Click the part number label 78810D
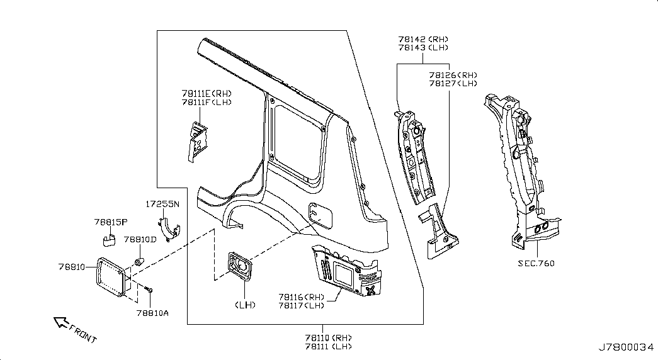(140, 240)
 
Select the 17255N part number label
(162, 205)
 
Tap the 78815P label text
(111, 222)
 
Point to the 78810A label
(152, 313)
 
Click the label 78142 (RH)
(423, 40)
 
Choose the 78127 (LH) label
(453, 84)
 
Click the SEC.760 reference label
(536, 264)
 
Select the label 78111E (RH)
(207, 94)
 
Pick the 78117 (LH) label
(302, 305)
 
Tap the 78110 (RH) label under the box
(328, 338)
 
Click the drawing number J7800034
(626, 347)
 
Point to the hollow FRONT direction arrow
(61, 322)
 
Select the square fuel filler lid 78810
(111, 278)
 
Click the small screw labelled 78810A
(148, 289)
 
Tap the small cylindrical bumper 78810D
(139, 261)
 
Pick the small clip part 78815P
(109, 240)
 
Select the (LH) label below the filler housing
(245, 305)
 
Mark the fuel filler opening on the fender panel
(320, 213)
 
